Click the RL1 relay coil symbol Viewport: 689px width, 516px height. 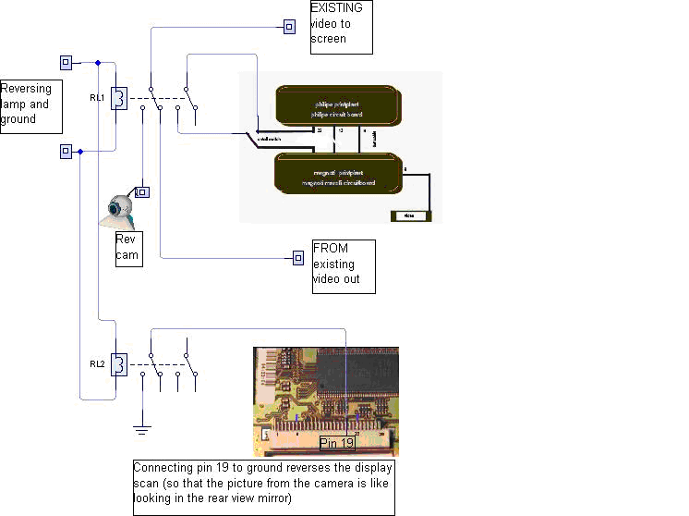pyautogui.click(x=118, y=98)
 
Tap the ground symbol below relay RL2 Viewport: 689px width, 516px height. pyautogui.click(x=141, y=429)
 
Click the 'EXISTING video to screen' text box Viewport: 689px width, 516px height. pyautogui.click(x=341, y=26)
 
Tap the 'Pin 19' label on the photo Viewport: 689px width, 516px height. pyautogui.click(x=337, y=444)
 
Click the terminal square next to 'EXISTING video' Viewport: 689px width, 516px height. pyautogui.click(x=289, y=26)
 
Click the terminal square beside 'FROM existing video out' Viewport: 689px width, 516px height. pyautogui.click(x=297, y=257)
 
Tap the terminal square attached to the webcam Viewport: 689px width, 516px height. pyautogui.click(x=142, y=192)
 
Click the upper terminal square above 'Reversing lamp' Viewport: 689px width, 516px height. pyautogui.click(x=66, y=63)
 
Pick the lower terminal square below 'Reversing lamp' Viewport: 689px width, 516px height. pyautogui.click(x=66, y=151)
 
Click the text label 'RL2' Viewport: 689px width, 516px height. pyautogui.click(x=97, y=363)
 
